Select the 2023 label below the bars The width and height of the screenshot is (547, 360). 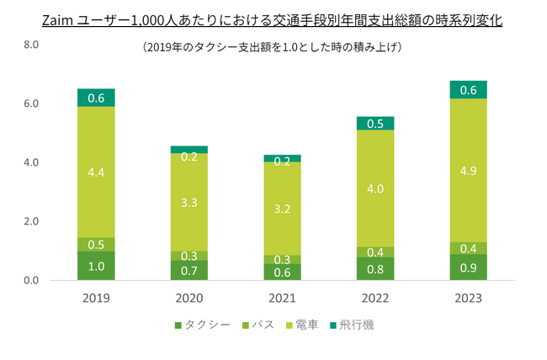[x=469, y=298]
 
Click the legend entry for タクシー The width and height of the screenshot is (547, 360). [x=203, y=324]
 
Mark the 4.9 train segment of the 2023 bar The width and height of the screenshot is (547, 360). [x=469, y=170]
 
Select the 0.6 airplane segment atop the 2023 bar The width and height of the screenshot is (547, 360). [x=469, y=90]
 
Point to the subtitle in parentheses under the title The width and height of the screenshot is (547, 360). [x=273, y=48]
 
